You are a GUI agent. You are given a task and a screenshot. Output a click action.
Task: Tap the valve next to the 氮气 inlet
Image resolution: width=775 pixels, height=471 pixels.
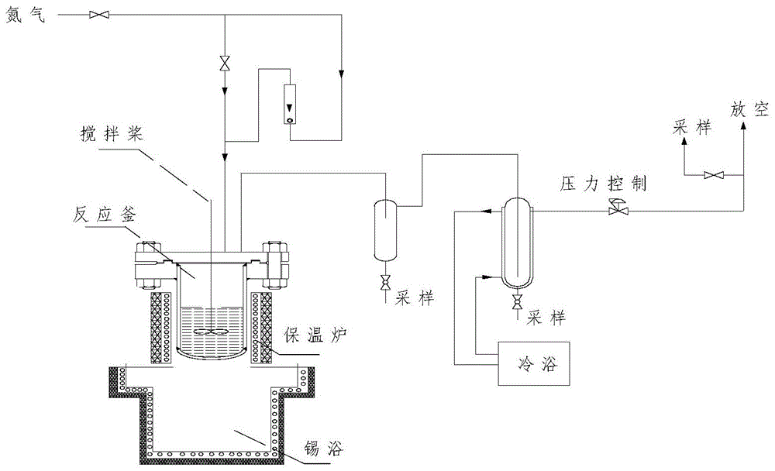pos(98,14)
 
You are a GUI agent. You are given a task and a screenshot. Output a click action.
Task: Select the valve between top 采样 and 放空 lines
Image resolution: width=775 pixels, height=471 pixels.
pos(712,176)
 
